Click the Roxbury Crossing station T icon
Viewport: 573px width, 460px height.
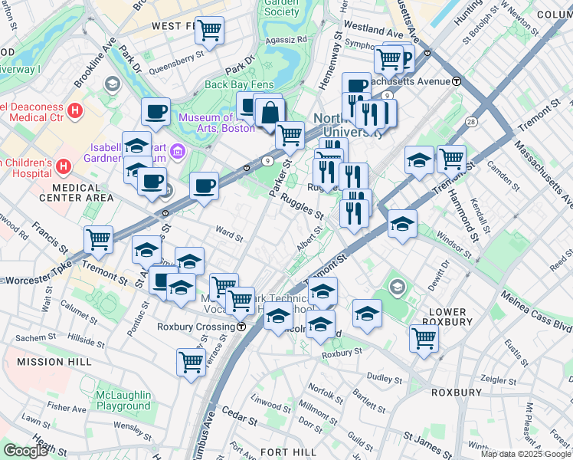click(x=241, y=326)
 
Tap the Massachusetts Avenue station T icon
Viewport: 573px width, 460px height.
click(x=457, y=81)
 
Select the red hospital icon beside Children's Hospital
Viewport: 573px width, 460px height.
click(x=64, y=166)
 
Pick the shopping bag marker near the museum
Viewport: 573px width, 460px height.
click(x=270, y=113)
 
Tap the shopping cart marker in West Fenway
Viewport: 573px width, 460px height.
click(x=208, y=31)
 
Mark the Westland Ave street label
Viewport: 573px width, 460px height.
click(x=373, y=34)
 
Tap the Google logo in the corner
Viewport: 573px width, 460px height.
click(x=25, y=451)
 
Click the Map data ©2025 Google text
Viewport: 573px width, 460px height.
click(x=526, y=454)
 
